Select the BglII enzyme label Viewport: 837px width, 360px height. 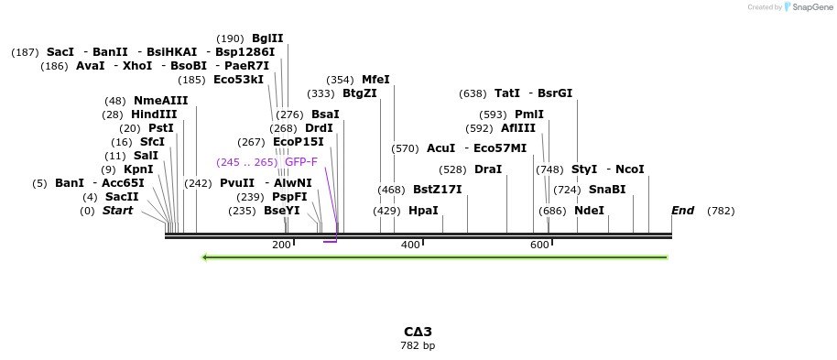click(267, 38)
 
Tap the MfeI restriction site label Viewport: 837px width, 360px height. click(375, 80)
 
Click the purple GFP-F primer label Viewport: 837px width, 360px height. click(301, 162)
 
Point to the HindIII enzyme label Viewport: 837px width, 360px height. click(154, 115)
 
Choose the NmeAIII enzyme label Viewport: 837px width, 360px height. click(160, 101)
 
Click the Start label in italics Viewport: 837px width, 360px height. click(117, 211)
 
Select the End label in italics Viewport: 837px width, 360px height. click(682, 211)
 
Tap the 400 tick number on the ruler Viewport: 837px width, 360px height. click(410, 245)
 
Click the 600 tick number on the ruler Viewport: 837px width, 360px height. click(539, 245)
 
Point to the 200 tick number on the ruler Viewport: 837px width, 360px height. click(281, 245)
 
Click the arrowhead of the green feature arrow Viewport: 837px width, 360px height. click(205, 257)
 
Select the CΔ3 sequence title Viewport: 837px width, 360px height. click(418, 332)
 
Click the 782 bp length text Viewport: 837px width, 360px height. click(418, 346)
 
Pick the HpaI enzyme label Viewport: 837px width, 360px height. click(423, 211)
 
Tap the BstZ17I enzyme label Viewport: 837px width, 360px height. click(437, 190)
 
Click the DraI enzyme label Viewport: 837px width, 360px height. click(488, 169)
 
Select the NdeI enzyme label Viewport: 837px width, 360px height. click(590, 211)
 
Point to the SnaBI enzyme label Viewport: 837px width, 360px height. click(607, 190)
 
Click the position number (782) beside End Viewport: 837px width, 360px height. click(721, 211)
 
